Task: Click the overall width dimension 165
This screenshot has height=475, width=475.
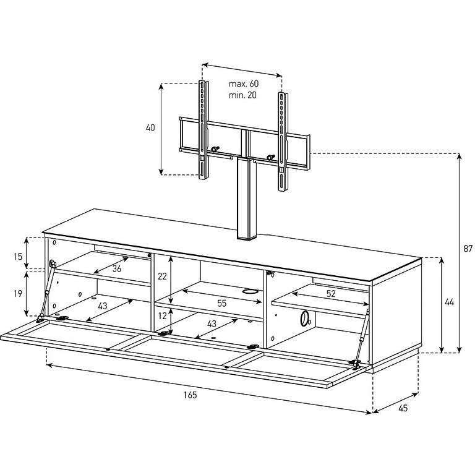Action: [x=190, y=395]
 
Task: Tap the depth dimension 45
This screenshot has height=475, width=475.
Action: [x=403, y=408]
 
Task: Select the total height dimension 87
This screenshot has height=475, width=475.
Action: [x=468, y=249]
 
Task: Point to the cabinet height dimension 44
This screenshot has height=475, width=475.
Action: [x=449, y=302]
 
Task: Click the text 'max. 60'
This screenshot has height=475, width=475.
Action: [x=244, y=83]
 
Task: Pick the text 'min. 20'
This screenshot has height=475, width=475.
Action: [x=242, y=95]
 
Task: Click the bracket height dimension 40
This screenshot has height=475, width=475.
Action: [x=150, y=128]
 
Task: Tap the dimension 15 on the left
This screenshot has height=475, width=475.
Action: [x=18, y=257]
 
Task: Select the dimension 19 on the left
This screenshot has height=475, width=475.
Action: [x=18, y=293]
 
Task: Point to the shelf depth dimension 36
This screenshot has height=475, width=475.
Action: [x=117, y=268]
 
